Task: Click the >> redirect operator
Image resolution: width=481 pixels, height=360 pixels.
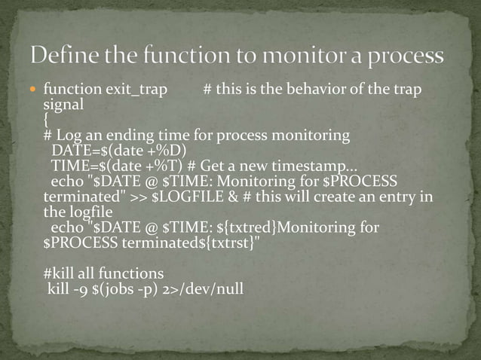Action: [139, 197]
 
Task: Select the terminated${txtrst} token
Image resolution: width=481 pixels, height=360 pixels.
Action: [189, 244]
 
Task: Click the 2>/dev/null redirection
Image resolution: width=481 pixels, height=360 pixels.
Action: [201, 288]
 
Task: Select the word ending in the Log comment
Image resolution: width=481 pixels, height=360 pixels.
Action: [115, 136]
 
